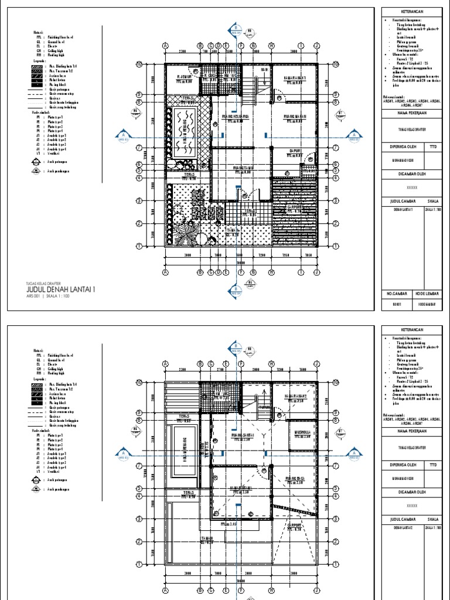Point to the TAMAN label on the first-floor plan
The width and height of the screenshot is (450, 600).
[x=234, y=231]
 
